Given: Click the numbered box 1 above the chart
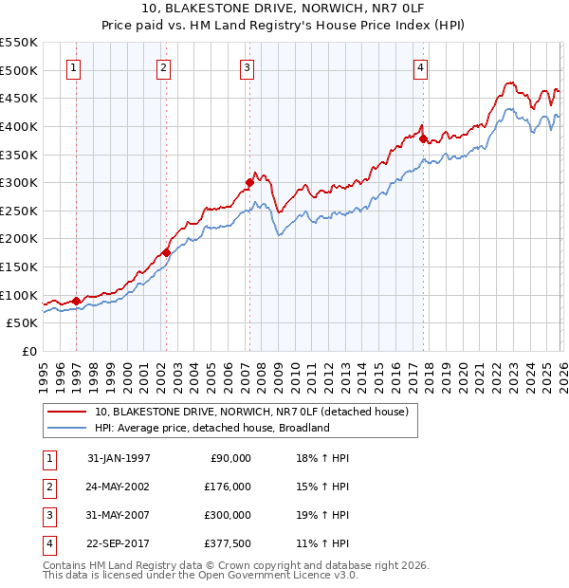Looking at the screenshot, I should point(75,67).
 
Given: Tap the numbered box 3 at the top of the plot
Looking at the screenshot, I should point(247,67).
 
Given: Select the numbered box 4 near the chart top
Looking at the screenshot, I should point(420,67).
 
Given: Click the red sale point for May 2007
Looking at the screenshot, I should point(249,182).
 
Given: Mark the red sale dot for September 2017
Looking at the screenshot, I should point(423,138).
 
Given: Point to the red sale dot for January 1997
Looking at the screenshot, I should point(76,301).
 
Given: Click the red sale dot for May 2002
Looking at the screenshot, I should point(166,252).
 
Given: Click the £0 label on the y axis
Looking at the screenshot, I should point(28,351).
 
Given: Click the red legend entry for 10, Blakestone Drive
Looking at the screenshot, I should point(250,412).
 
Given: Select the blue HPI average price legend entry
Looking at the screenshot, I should point(211,428).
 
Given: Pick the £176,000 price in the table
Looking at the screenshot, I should point(228,487).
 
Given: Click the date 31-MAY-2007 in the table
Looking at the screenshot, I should point(119,516).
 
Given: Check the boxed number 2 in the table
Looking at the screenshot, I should point(47,487).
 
